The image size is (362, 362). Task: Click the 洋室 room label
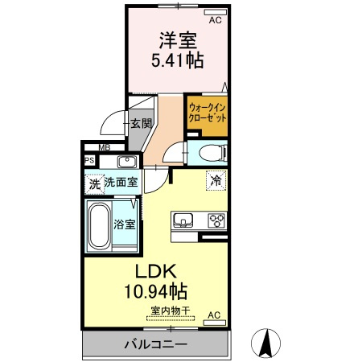point(178,41)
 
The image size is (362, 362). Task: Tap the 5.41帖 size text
point(178,60)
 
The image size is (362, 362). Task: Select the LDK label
point(156,271)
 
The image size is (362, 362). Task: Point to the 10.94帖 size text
point(156,291)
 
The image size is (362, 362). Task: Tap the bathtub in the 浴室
point(100,226)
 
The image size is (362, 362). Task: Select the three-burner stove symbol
point(216,220)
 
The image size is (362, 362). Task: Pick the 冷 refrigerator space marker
point(216,181)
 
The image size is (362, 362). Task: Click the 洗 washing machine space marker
point(94,184)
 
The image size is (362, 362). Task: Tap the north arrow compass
point(265,343)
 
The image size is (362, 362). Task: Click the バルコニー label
point(156,344)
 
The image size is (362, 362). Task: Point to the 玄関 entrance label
point(142,123)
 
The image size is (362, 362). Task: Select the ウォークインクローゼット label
point(208,113)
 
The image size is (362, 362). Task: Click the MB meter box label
point(105,147)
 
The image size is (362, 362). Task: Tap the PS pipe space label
point(89,160)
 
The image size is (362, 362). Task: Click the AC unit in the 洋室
point(216,12)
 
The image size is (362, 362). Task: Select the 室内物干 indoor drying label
point(171,311)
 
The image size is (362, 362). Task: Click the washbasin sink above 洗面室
point(127,162)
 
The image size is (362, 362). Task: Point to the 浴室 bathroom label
point(124,224)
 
